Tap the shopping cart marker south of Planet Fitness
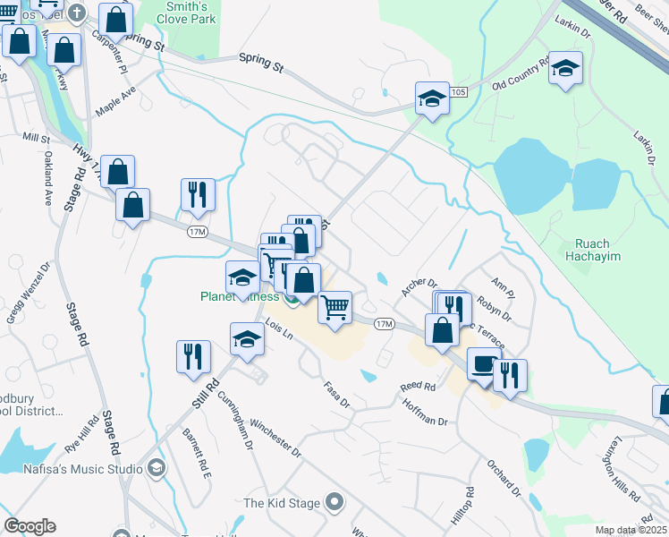(335, 308)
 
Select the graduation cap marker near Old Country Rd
(565, 69)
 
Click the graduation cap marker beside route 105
(432, 99)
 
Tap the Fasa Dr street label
(337, 392)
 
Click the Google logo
(30, 526)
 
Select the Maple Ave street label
(116, 102)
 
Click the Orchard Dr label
(504, 479)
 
